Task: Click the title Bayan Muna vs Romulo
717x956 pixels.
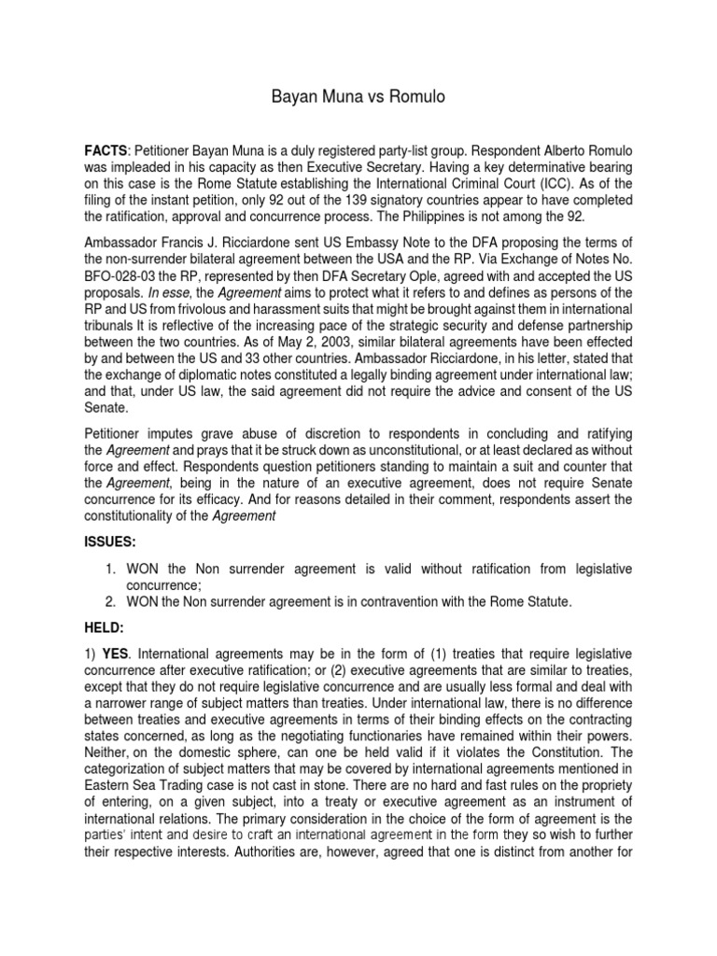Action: [x=358, y=96]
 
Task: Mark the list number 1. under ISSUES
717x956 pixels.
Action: [x=110, y=569]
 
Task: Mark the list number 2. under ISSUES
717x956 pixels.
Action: [x=110, y=602]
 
